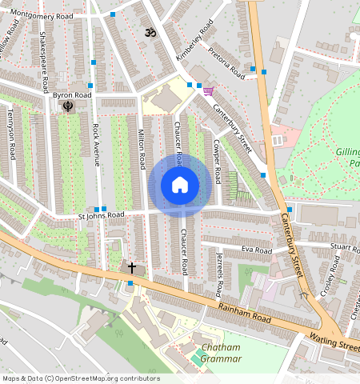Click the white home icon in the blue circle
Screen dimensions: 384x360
pos(180,186)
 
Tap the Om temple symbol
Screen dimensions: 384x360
pos(146,33)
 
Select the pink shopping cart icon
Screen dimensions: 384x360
pos(208,90)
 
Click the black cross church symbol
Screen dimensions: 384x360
pos(132,267)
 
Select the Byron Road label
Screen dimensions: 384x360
pos(72,95)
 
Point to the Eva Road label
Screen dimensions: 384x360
pos(251,250)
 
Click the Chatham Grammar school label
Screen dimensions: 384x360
pos(222,353)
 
